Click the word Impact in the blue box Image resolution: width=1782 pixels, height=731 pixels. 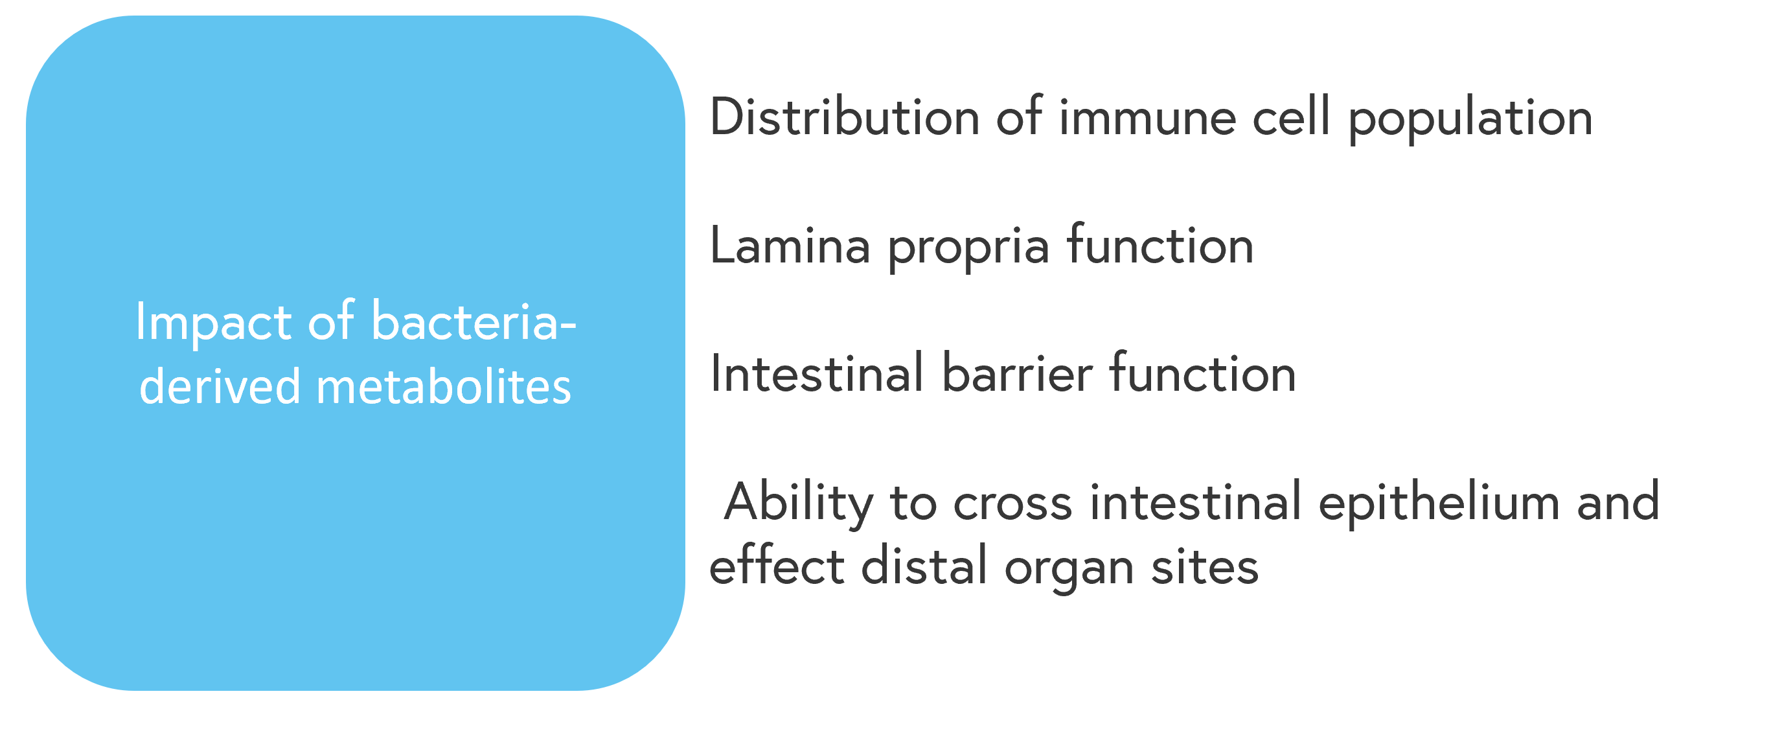pyautogui.click(x=214, y=323)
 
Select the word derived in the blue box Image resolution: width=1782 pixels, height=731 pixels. pyautogui.click(x=220, y=386)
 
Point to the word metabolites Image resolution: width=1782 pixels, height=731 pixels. pyautogui.click(x=444, y=386)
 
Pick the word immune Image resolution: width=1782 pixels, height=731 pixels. pyautogui.click(x=1148, y=117)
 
